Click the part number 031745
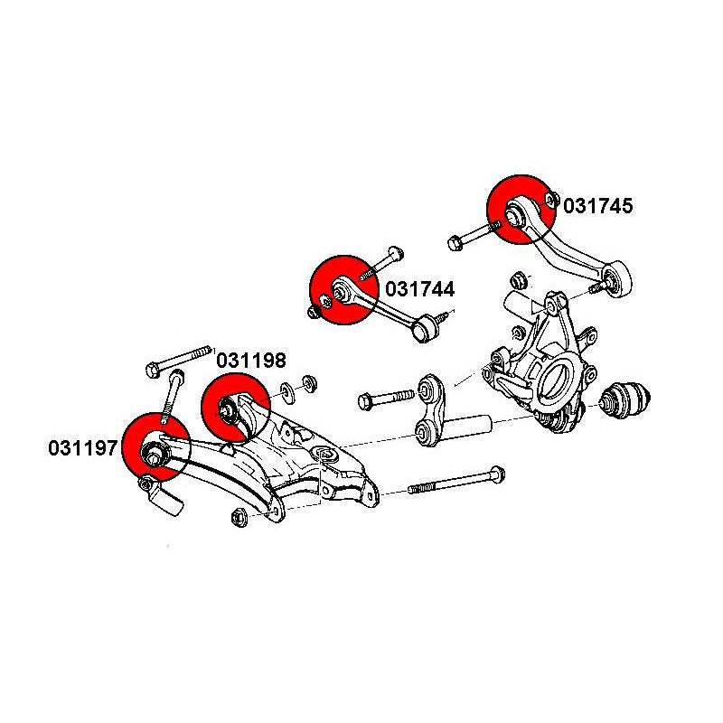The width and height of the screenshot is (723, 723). pyautogui.click(x=598, y=206)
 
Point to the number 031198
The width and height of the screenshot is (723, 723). pyautogui.click(x=250, y=361)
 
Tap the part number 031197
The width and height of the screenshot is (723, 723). pyautogui.click(x=83, y=446)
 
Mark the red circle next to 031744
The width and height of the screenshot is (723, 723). pyautogui.click(x=342, y=290)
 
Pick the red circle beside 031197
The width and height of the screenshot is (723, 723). pyautogui.click(x=155, y=446)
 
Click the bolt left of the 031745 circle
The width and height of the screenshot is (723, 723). pyautogui.click(x=468, y=239)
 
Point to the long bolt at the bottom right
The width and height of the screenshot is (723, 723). pyautogui.click(x=456, y=483)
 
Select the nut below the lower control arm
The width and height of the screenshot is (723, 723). pyautogui.click(x=239, y=517)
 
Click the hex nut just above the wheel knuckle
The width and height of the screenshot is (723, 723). pyautogui.click(x=520, y=277)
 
